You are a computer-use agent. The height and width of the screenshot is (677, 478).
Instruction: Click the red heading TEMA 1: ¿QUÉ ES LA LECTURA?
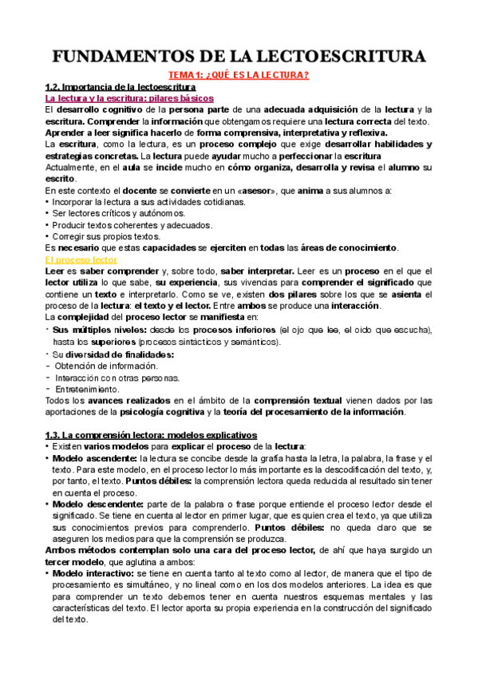pyautogui.click(x=239, y=75)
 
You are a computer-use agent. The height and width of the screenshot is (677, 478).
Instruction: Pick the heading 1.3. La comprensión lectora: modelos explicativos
pyautogui.click(x=151, y=435)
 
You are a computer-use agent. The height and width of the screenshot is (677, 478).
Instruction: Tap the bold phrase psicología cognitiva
pyautogui.click(x=161, y=413)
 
